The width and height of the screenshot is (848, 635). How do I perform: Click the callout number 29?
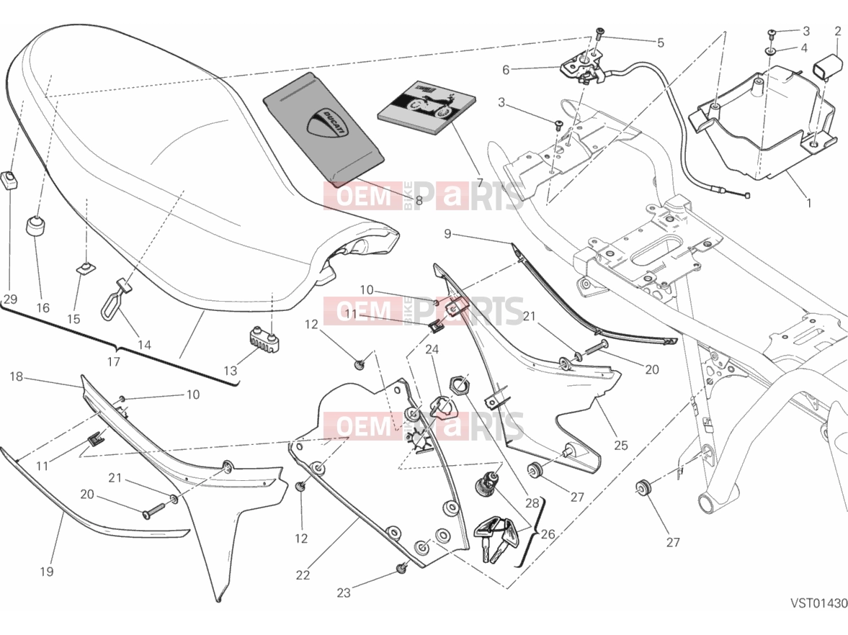(10, 300)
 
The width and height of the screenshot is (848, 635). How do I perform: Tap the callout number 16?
(43, 308)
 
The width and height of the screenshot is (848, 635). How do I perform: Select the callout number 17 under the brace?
(113, 361)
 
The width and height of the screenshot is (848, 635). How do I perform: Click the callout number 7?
(479, 182)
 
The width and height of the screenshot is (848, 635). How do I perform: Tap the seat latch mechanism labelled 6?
(582, 68)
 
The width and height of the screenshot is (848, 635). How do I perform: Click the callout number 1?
(809, 203)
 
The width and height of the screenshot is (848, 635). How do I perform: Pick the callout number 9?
(447, 233)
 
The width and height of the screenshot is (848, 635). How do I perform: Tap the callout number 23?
(344, 593)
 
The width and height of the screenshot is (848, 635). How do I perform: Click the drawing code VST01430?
(818, 603)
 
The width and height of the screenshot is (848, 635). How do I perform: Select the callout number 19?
(47, 571)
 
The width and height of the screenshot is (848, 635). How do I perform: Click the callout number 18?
(17, 377)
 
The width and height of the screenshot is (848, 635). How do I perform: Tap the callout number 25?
(621, 446)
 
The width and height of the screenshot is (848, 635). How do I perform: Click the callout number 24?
(432, 350)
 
